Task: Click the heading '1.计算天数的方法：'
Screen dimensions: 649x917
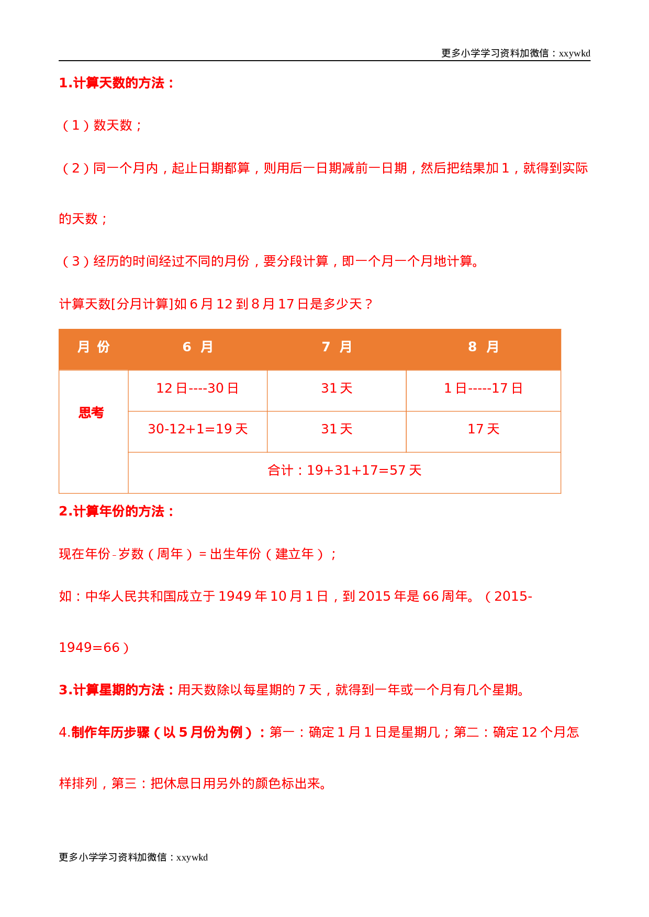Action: point(117,83)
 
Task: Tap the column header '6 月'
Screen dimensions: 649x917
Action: point(197,347)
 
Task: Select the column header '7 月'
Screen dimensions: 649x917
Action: point(337,347)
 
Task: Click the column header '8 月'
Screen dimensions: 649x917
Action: point(483,347)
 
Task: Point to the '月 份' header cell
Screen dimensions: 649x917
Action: point(93,347)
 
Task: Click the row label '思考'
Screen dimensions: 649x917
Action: point(92,413)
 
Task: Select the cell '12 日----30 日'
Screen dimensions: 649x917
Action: point(197,388)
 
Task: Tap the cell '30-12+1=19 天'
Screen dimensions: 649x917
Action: point(197,429)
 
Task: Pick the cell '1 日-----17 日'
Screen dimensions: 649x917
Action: point(483,388)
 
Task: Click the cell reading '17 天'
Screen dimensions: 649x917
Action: point(483,429)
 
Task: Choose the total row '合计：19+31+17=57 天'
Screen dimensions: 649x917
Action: point(344,471)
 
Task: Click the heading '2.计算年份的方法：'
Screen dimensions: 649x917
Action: point(117,511)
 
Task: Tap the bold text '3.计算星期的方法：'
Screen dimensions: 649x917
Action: point(118,690)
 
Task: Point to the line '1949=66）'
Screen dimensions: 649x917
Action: point(94,648)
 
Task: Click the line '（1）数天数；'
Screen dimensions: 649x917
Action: point(102,125)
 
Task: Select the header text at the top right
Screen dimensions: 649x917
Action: point(516,53)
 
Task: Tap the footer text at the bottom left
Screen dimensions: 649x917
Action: point(133,857)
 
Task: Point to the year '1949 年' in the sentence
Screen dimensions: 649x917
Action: point(242,597)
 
